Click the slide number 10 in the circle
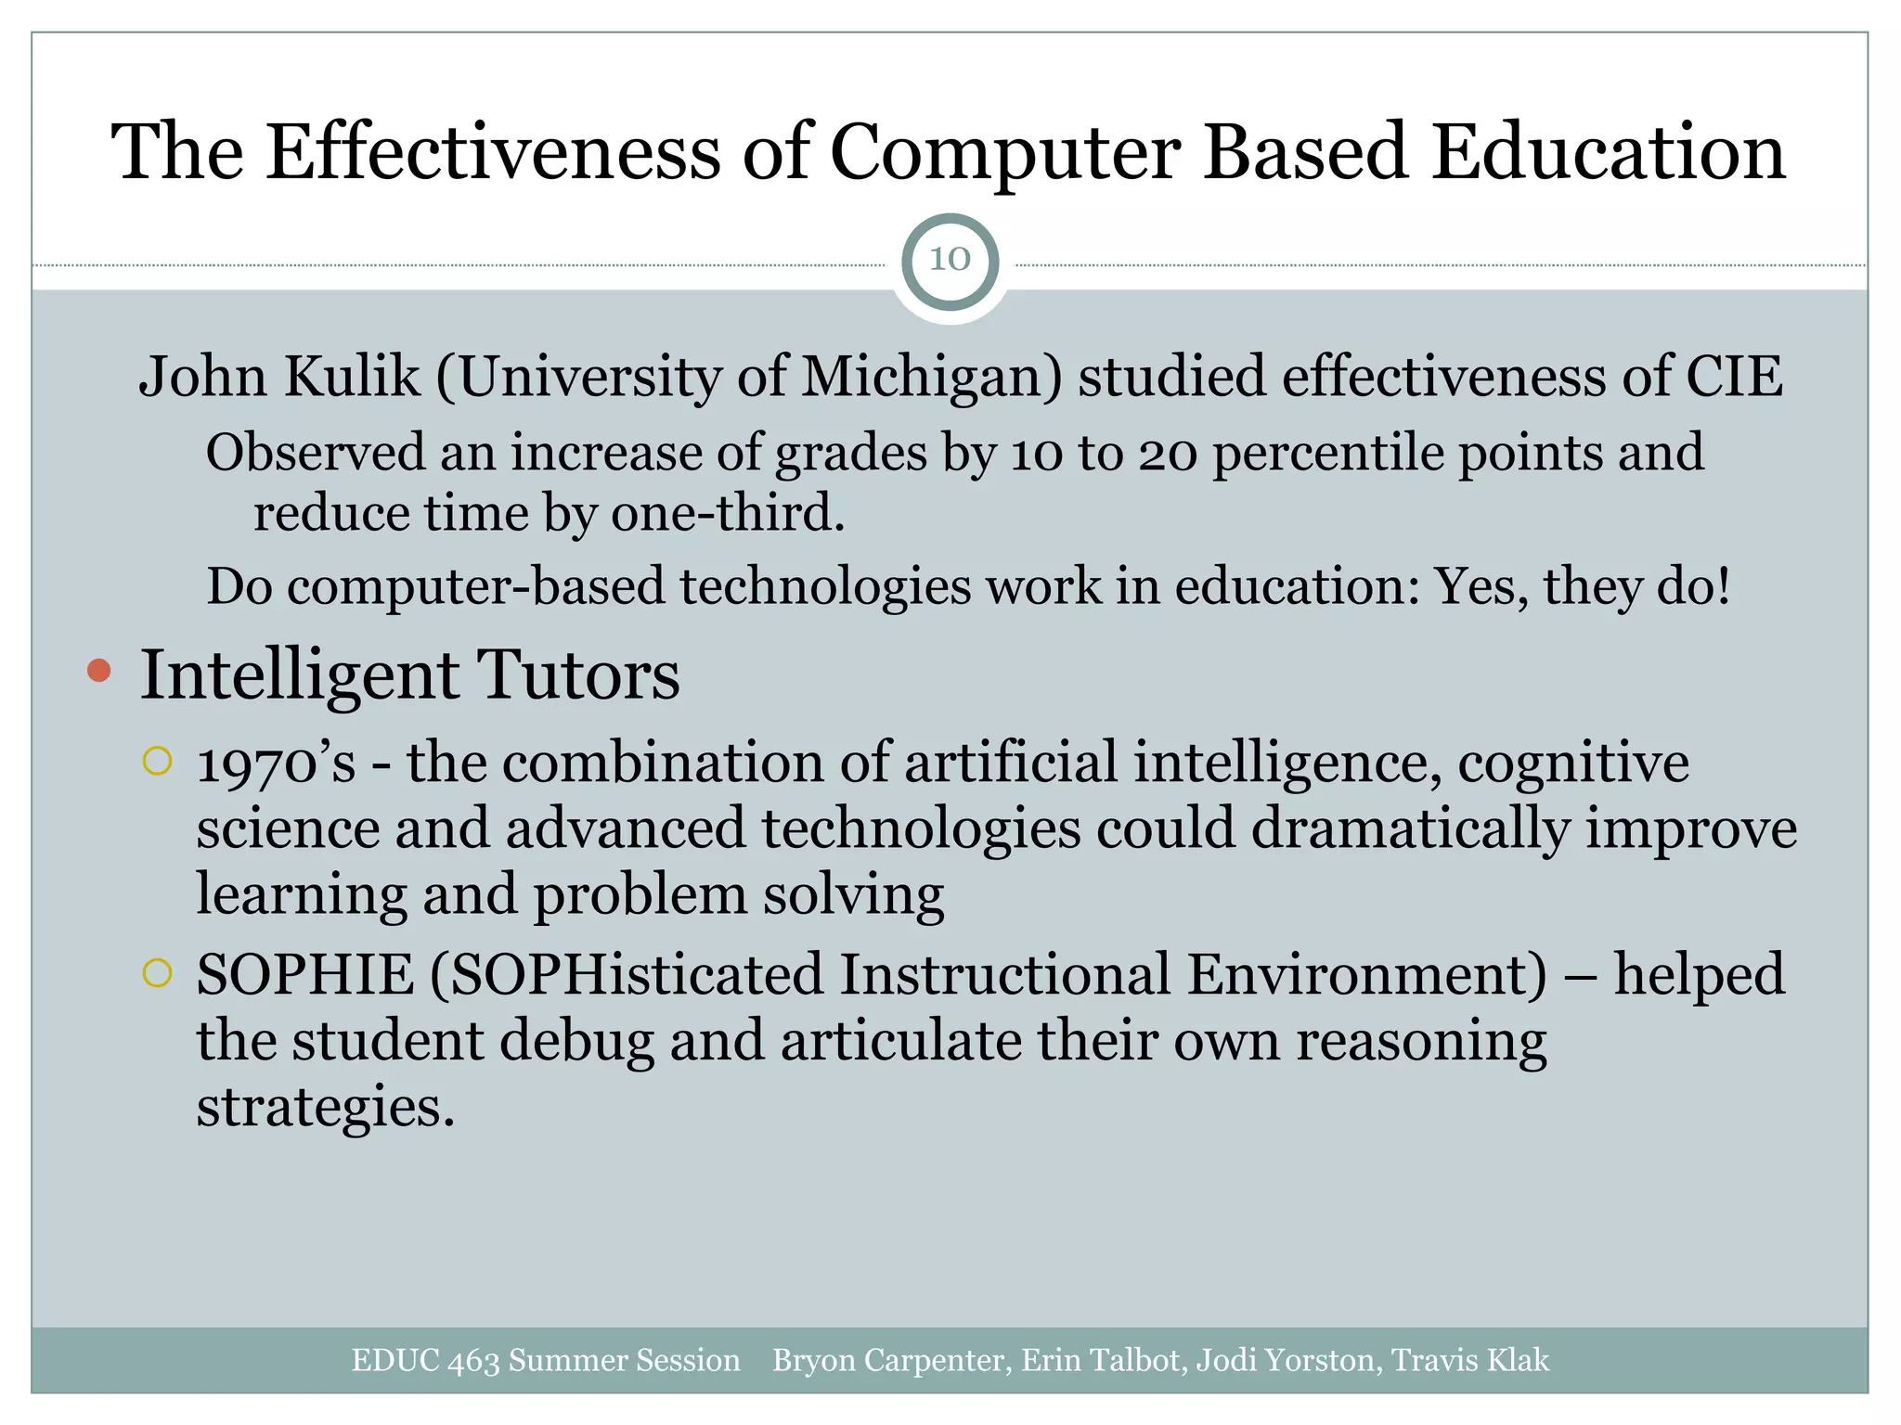950,260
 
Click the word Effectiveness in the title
493,152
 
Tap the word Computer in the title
1004,152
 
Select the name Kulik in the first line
352,377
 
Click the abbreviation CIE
1733,377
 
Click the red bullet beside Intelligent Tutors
98,671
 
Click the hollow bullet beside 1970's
158,762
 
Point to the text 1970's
276,764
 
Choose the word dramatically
1409,828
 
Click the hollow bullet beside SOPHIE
158,973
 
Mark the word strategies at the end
325,1107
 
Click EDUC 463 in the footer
426,1360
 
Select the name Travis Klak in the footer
1469,1360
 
